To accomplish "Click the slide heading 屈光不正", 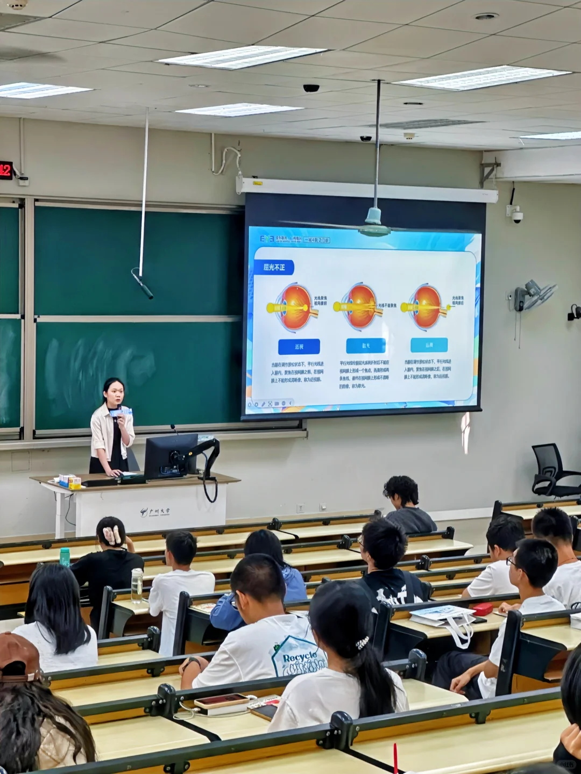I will tap(274, 267).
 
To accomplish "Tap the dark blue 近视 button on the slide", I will tap(299, 347).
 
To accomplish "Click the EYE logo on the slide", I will tap(267, 238).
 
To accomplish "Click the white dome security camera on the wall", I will tap(517, 217).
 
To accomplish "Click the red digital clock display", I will tap(6, 170).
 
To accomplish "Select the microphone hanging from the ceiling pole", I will tap(143, 285).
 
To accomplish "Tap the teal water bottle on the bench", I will tap(65, 557).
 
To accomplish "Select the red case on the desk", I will tap(482, 609).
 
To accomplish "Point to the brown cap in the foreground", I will tap(19, 657).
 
